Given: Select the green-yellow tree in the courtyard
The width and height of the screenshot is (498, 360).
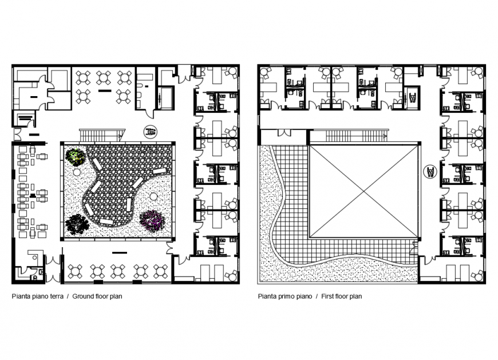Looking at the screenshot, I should [74, 156].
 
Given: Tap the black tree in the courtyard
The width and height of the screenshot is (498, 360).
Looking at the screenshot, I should [76, 224].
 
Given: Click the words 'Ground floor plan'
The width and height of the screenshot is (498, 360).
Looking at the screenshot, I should [97, 296].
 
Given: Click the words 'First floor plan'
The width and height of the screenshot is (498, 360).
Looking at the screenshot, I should [341, 296].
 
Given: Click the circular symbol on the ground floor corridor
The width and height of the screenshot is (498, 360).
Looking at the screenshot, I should [151, 131].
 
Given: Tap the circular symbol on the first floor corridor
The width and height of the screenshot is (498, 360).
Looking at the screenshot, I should [430, 171].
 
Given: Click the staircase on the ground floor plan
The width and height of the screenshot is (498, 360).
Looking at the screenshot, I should [101, 135].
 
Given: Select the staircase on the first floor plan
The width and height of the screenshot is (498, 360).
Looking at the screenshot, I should [356, 136].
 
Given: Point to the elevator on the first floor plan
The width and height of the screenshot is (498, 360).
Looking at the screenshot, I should [410, 94].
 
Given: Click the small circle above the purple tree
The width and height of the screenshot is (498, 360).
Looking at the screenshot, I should [153, 196].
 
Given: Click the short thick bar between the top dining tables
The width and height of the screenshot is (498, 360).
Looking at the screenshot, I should [104, 90].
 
